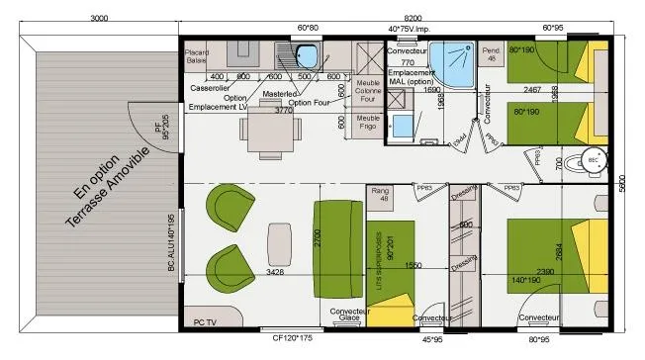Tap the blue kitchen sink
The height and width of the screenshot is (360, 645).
point(308,54)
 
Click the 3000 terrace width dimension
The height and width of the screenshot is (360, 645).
point(99,18)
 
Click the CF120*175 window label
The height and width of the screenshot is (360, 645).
point(294,338)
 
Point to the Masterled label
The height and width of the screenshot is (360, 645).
point(280,94)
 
